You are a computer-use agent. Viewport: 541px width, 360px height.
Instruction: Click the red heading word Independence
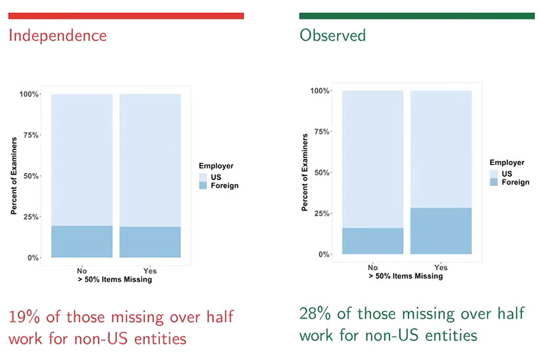click(x=57, y=36)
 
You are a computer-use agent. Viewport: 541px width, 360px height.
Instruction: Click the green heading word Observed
click(x=333, y=35)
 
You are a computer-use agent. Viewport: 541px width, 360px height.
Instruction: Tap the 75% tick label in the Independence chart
click(x=30, y=135)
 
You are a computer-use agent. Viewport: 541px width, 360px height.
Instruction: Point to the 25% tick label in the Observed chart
click(x=322, y=213)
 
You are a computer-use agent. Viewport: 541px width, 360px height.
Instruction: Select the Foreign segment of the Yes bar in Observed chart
click(x=441, y=231)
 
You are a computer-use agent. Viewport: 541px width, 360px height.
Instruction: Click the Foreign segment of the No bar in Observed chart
click(x=373, y=241)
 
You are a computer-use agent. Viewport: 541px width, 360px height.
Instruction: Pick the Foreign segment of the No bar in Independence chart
click(x=82, y=242)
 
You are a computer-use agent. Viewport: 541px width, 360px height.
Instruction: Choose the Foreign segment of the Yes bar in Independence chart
click(x=150, y=242)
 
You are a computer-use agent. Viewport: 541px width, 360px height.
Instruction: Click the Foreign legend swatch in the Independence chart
click(x=203, y=185)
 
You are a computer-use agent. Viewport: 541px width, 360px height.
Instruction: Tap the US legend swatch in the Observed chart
click(x=494, y=174)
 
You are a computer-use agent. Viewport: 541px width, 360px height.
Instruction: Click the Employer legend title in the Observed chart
click(x=507, y=162)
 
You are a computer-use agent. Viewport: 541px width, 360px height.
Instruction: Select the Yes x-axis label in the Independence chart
click(x=150, y=271)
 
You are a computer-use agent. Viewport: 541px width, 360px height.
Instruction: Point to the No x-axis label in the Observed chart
click(x=373, y=267)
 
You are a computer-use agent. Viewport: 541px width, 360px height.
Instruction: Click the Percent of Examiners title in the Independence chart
click(x=14, y=176)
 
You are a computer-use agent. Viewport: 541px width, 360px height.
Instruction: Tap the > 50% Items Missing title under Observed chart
click(x=406, y=276)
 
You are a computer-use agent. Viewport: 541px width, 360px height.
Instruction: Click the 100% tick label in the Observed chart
click(x=320, y=91)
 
